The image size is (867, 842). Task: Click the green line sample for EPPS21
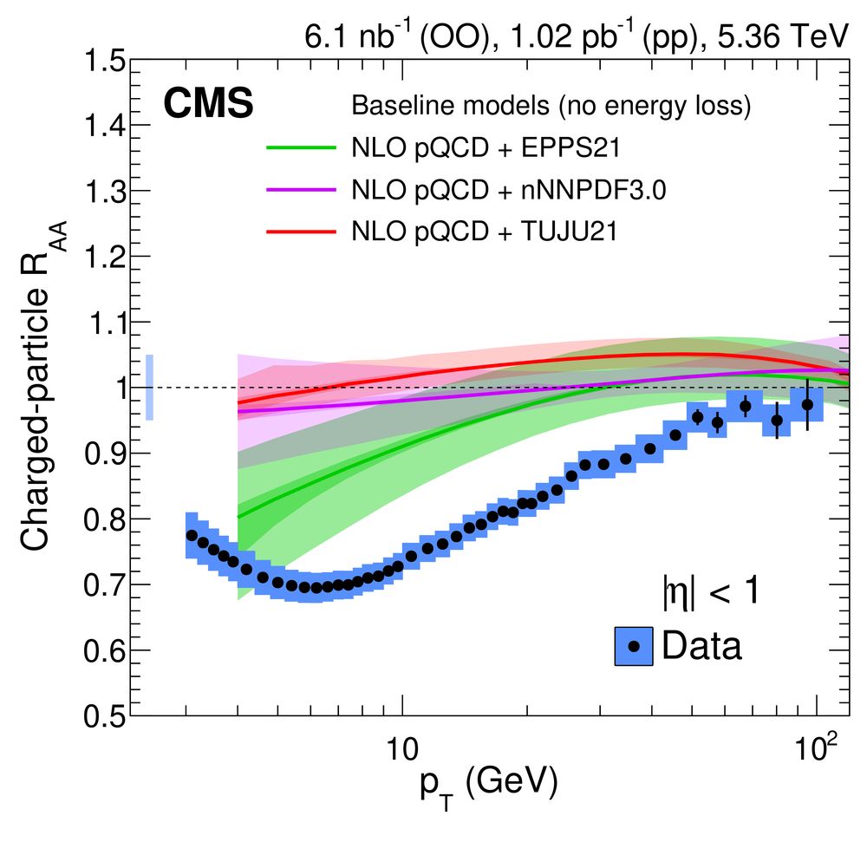pyautogui.click(x=300, y=148)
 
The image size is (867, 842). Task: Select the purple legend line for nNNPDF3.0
pyautogui.click(x=300, y=190)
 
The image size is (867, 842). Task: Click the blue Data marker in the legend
pyautogui.click(x=634, y=646)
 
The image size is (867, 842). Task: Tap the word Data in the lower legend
pyautogui.click(x=701, y=646)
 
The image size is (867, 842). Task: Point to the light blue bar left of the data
pyautogui.click(x=149, y=388)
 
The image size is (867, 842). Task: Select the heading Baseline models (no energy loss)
pyautogui.click(x=551, y=106)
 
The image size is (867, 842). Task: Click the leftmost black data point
pyautogui.click(x=192, y=536)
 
